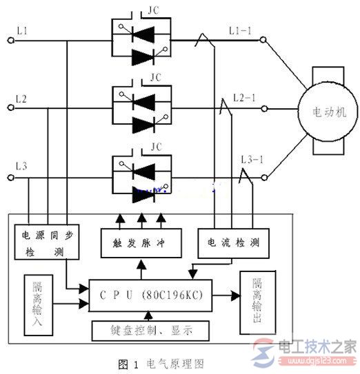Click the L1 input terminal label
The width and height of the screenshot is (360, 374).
(21, 32)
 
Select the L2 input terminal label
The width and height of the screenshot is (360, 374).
(21, 101)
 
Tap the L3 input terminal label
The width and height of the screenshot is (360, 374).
(21, 167)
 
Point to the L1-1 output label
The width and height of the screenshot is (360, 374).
(242, 31)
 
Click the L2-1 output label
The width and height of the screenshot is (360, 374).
(244, 98)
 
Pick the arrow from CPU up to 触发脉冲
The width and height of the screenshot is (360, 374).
(141, 268)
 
